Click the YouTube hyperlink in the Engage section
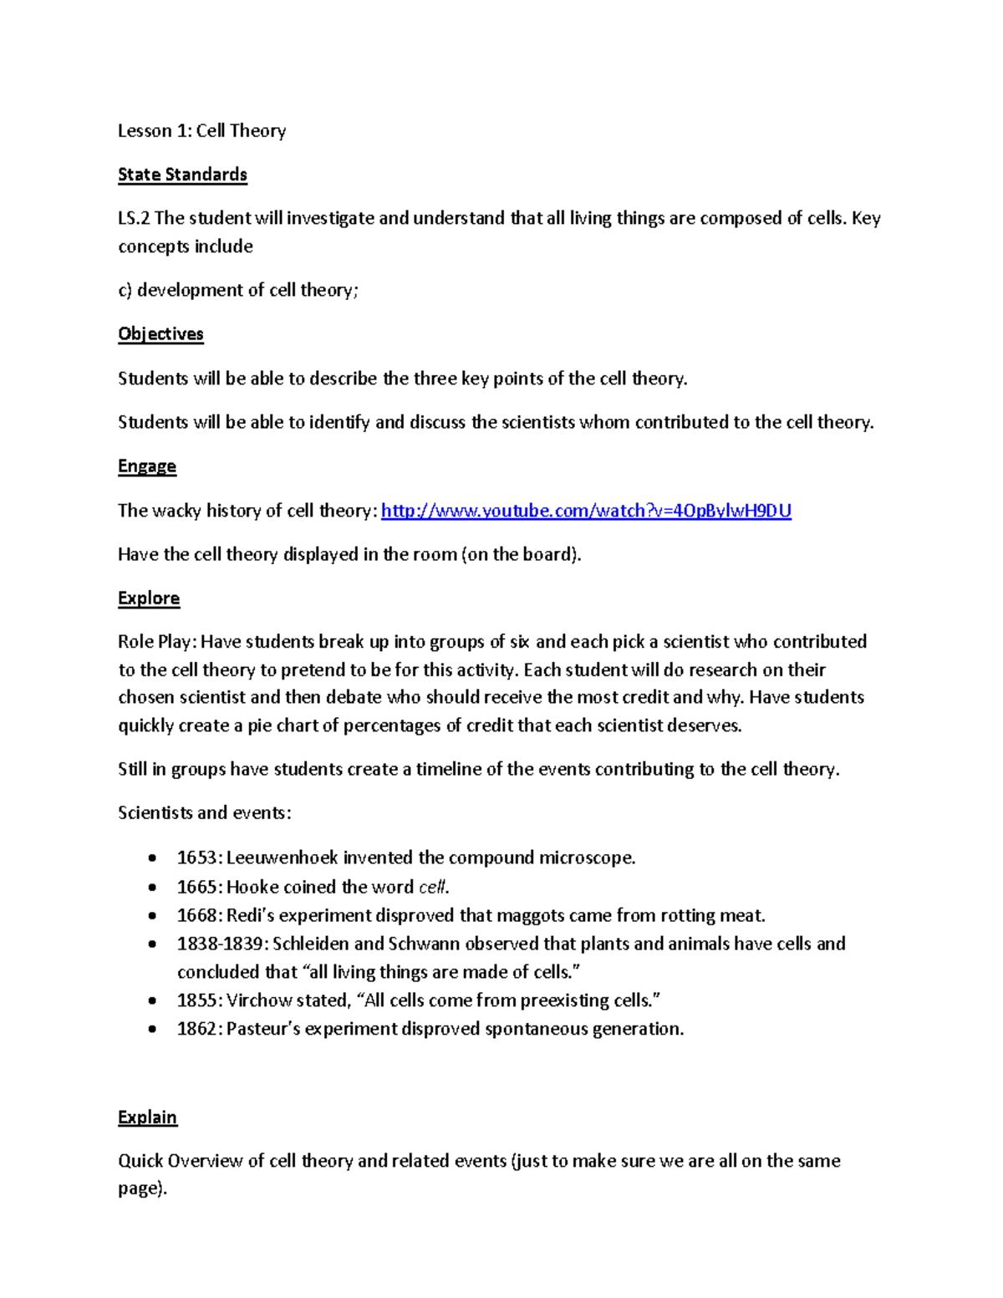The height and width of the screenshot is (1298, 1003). point(585,511)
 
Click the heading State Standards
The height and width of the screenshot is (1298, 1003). point(182,175)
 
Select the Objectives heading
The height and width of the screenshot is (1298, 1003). point(160,334)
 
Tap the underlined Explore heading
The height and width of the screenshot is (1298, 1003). point(149,598)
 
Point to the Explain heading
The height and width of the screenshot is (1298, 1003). point(147,1117)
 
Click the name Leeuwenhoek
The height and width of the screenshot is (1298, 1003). point(282,858)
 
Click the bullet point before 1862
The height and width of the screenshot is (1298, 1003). point(151,1030)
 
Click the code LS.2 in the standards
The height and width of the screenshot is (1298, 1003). point(134,219)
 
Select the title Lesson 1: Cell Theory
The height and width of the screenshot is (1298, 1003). point(201,131)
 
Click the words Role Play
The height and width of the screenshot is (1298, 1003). point(155,643)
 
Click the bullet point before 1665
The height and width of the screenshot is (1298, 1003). point(151,888)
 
